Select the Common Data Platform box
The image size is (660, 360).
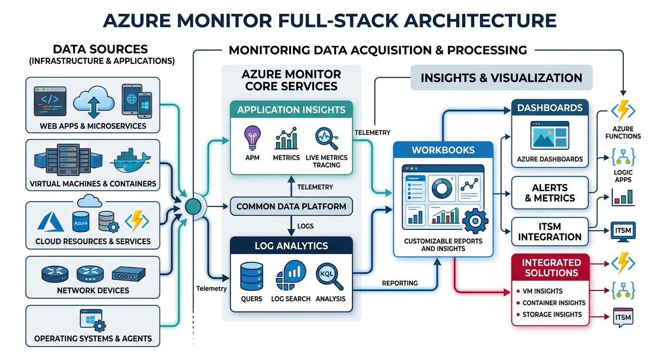[x=291, y=206]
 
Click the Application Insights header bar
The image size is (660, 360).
[x=291, y=110]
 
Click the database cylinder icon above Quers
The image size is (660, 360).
[x=252, y=277]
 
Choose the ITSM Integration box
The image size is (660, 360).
[x=549, y=232]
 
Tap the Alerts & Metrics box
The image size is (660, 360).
[x=549, y=192]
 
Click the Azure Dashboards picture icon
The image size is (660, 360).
[x=549, y=136]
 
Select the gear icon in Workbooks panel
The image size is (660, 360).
[x=474, y=220]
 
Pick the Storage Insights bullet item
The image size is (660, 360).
[x=552, y=315]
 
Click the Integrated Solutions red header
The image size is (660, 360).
[x=551, y=267]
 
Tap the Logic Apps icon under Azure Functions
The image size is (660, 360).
[x=623, y=157]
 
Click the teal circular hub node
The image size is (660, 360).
[x=193, y=206]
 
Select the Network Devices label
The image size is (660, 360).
[x=93, y=290]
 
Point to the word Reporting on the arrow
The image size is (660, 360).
[x=399, y=283]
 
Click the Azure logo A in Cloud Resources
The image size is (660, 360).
[x=50, y=222]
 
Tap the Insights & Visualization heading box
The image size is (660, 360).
[x=501, y=78]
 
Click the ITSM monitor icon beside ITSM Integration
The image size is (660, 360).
[x=624, y=231]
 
